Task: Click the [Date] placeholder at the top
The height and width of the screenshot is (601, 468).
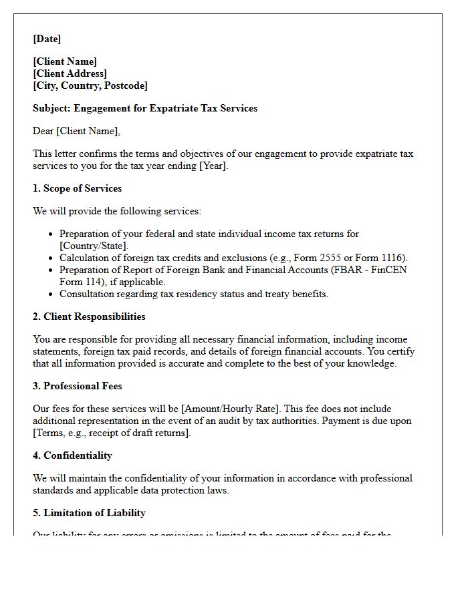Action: (x=47, y=39)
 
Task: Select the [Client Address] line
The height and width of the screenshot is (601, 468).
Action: (x=70, y=73)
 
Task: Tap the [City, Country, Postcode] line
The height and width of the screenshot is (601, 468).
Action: (x=90, y=85)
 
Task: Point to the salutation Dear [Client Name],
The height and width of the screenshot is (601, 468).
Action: (x=76, y=131)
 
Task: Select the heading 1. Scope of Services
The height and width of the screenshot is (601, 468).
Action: (x=77, y=188)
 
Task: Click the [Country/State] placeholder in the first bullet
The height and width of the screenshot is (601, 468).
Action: (x=93, y=246)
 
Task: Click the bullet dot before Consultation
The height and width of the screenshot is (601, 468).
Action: (x=51, y=294)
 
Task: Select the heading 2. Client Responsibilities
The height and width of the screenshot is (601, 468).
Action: (x=89, y=317)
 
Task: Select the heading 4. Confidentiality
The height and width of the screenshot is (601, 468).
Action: (x=72, y=455)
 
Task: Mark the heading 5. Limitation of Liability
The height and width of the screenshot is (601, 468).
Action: (x=89, y=513)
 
